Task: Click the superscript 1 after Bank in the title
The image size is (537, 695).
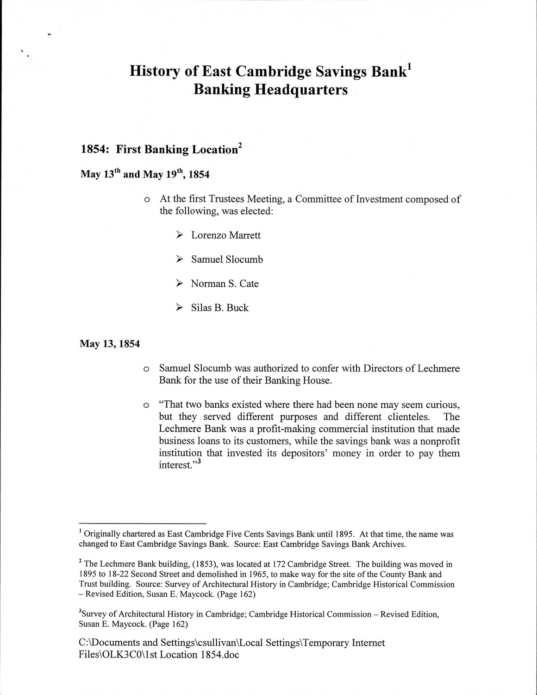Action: pos(410,67)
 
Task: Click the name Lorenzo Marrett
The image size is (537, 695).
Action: pos(226,235)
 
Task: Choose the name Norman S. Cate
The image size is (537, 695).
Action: pos(225,284)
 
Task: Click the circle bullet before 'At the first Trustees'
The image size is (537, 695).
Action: pos(146,200)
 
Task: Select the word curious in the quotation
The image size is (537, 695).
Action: pos(442,404)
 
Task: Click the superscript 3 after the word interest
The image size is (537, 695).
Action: pos(199,462)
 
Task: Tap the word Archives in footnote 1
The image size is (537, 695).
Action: pos(390,544)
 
